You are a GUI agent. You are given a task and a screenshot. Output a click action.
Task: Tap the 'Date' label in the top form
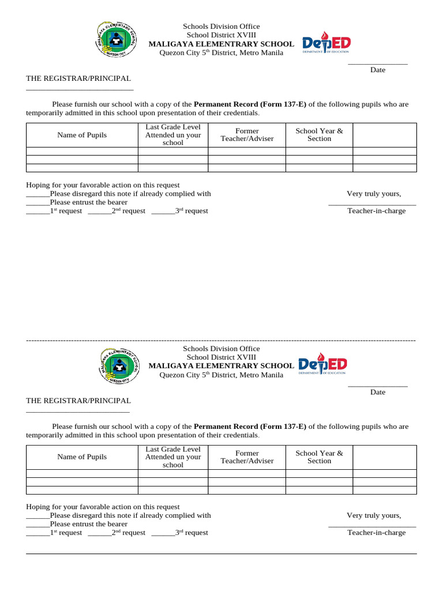[378, 70]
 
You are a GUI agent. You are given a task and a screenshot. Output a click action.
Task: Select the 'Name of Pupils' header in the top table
[82, 135]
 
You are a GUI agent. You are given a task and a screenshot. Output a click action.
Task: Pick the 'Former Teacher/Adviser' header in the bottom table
[247, 457]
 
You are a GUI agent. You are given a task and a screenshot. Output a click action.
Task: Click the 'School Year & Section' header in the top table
[319, 134]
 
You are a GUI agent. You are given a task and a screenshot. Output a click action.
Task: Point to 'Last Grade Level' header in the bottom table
[173, 450]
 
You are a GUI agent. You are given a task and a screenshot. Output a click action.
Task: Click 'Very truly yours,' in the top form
[374, 193]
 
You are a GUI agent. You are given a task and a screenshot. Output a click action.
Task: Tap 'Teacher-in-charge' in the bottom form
[376, 533]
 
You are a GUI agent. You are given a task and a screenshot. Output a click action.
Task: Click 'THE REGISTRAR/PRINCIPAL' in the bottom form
[78, 401]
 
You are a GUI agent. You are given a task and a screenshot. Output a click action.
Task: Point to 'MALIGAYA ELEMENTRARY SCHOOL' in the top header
[221, 44]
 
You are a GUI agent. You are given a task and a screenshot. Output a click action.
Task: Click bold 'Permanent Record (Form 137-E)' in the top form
[250, 104]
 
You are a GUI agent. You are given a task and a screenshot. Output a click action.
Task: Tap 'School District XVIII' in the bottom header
[221, 357]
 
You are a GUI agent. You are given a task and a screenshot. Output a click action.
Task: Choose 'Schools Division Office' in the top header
[221, 27]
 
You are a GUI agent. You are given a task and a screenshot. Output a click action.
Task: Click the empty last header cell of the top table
[384, 135]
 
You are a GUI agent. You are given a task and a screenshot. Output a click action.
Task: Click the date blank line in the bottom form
[378, 386]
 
